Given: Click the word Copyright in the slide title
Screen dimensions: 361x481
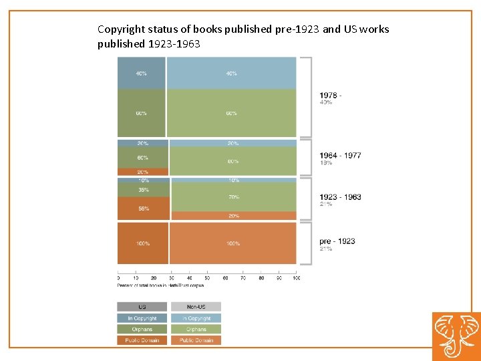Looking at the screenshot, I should [x=120, y=29].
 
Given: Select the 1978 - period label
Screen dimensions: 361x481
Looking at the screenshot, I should [x=330, y=95].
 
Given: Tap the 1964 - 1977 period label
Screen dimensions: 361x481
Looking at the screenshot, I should [x=340, y=155].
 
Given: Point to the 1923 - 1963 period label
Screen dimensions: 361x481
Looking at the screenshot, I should [x=340, y=197].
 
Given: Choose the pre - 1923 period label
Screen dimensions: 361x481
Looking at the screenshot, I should [x=337, y=241].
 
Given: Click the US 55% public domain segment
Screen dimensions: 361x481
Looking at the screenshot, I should [x=143, y=209].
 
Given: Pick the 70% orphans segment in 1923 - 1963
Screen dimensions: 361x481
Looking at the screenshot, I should [x=233, y=197].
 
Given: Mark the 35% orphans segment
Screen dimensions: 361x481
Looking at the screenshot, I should [x=143, y=190].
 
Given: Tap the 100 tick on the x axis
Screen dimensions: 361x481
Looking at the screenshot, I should [x=297, y=277].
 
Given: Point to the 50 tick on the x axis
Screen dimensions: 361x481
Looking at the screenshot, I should [x=207, y=277].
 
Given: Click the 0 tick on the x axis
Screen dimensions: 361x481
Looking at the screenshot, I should [x=118, y=277].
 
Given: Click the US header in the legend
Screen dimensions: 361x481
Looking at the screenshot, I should [x=142, y=307].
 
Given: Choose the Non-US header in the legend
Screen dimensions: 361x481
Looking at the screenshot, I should [x=196, y=307].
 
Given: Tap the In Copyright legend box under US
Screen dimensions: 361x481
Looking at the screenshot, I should [x=142, y=318].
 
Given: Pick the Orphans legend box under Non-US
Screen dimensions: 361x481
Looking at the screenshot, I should [x=196, y=329].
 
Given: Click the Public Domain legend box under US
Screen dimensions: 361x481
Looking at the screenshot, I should [x=142, y=340].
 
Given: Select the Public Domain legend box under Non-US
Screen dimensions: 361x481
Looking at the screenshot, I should [x=196, y=340].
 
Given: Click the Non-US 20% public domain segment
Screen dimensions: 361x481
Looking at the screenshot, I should [x=233, y=216].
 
